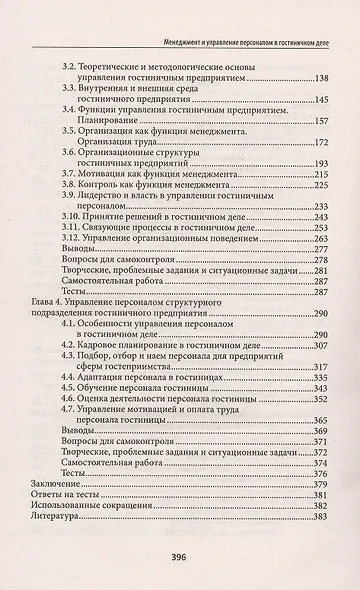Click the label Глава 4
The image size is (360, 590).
[42, 300]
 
